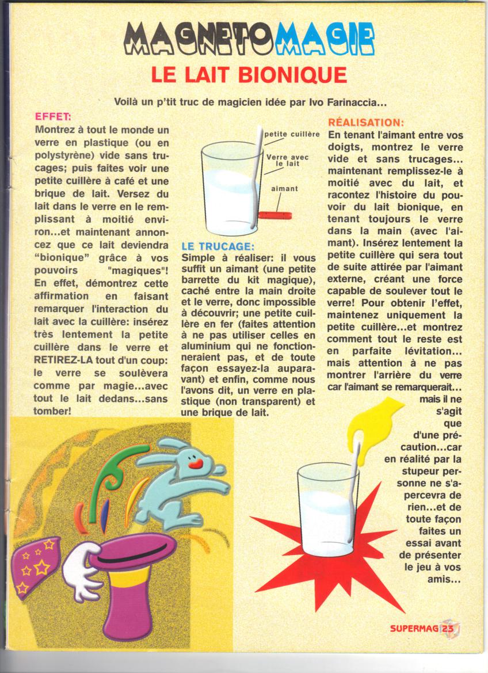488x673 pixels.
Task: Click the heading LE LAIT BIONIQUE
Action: point(249,74)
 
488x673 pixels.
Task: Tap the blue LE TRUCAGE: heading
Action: point(217,246)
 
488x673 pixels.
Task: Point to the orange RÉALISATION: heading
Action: point(365,123)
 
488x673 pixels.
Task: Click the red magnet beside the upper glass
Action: point(275,215)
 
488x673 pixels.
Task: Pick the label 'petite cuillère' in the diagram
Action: point(292,134)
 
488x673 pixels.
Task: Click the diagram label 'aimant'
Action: point(284,188)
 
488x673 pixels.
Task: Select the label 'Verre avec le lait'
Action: point(287,160)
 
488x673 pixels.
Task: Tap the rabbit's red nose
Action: point(196,461)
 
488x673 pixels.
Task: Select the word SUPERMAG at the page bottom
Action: point(414,629)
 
